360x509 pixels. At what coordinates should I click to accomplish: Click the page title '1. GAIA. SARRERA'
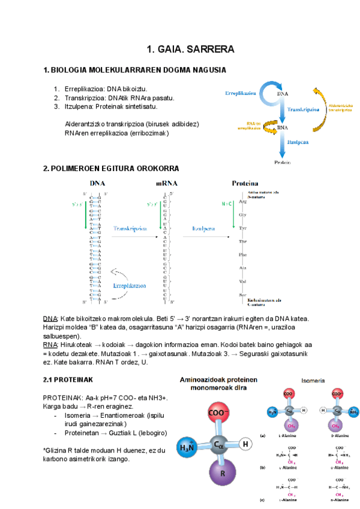pyautogui.click(x=190, y=49)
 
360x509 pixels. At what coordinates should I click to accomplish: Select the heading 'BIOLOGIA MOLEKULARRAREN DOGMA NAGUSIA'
pyautogui.click(x=137, y=70)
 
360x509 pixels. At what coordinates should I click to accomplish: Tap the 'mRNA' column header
pyautogui.click(x=166, y=183)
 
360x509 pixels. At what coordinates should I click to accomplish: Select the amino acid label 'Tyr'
pyautogui.click(x=243, y=229)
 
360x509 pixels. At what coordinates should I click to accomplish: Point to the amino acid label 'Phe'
pyautogui.click(x=243, y=254)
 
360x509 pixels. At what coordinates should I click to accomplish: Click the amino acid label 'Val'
pyautogui.click(x=243, y=281)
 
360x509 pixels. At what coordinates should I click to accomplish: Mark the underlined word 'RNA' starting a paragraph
pyautogui.click(x=50, y=346)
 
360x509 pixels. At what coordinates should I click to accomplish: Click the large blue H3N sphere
pyautogui.click(x=187, y=448)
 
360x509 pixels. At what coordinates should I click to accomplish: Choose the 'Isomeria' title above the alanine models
pyautogui.click(x=314, y=380)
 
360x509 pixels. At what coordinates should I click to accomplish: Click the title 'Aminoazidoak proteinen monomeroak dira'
pyautogui.click(x=216, y=384)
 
